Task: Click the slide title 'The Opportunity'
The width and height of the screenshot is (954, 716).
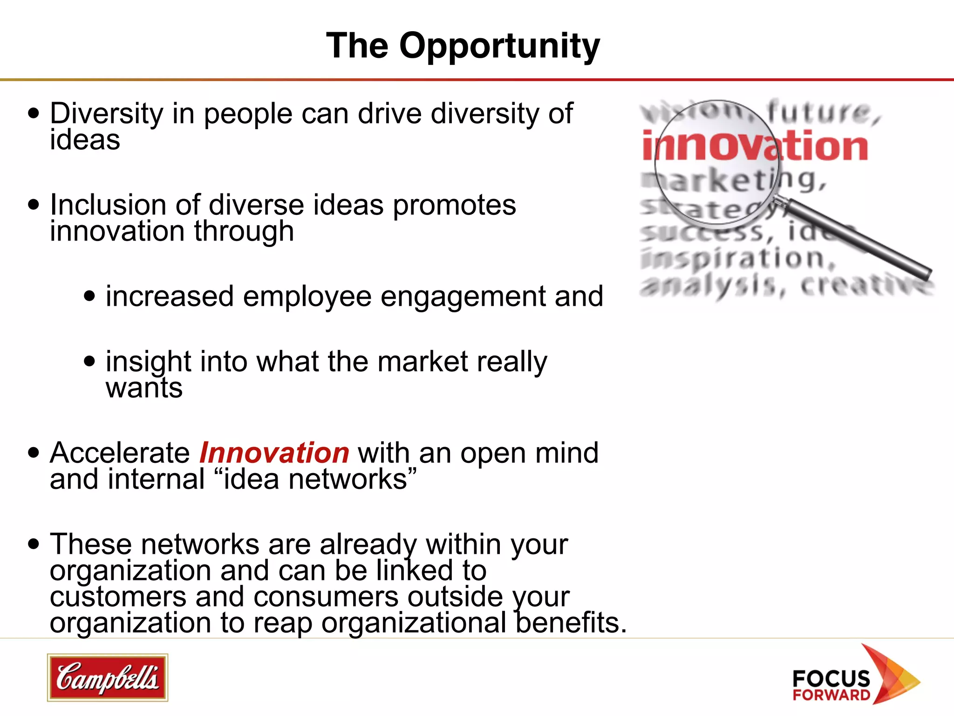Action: [x=463, y=46]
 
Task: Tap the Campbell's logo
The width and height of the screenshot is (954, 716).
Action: [x=107, y=677]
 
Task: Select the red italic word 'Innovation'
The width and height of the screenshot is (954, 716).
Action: [x=274, y=453]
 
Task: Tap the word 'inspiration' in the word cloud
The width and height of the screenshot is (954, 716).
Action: [x=736, y=259]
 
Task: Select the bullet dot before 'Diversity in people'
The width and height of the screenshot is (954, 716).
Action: [x=34, y=113]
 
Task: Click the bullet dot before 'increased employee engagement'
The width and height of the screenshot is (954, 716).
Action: [x=89, y=296]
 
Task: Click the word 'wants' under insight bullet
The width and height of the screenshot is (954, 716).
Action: [x=144, y=388]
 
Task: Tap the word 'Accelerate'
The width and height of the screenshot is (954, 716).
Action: [x=120, y=453]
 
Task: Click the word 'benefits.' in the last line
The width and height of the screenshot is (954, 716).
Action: [x=571, y=623]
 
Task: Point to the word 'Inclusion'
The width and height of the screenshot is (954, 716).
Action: [x=108, y=205]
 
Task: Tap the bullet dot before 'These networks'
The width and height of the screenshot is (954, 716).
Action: [x=34, y=544]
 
